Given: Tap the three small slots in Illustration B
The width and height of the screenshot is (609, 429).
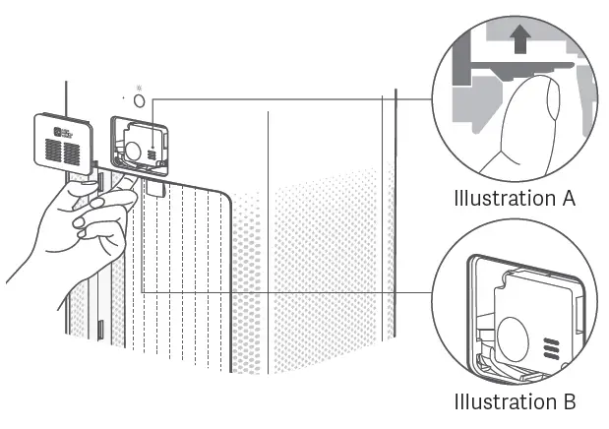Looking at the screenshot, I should point(548,349).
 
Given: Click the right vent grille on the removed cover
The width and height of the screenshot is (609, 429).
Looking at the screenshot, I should point(74,152).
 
